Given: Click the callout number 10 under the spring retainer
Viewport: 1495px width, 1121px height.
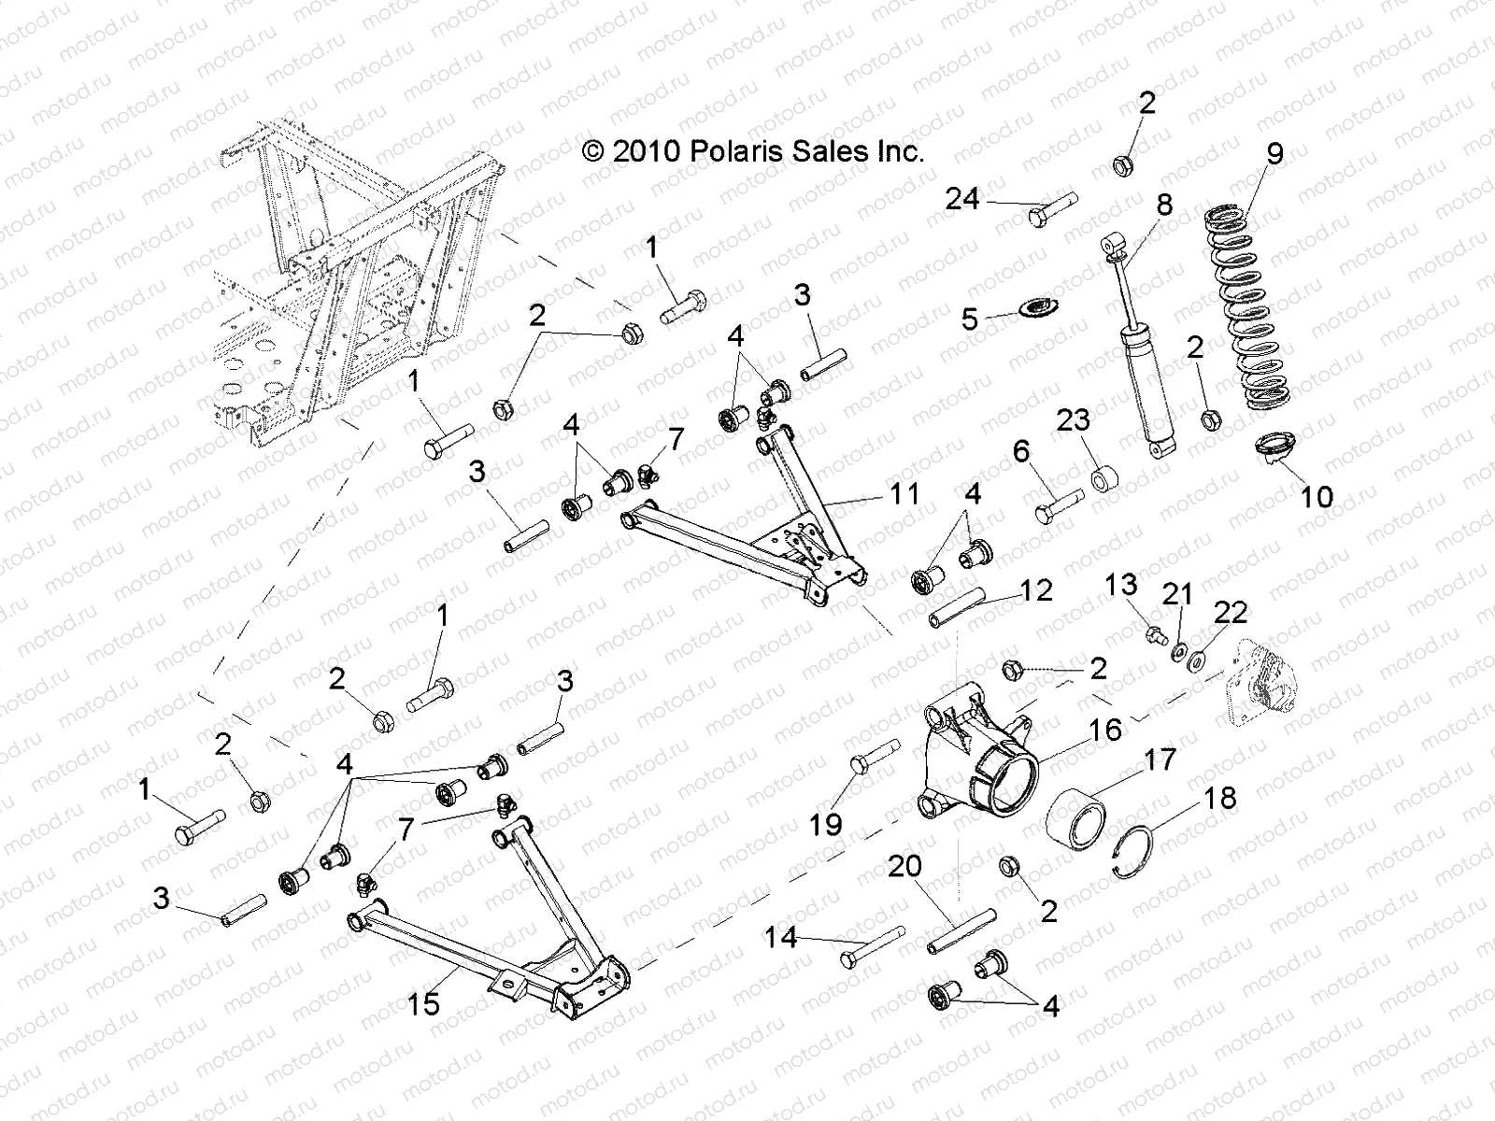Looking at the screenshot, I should click(1317, 496).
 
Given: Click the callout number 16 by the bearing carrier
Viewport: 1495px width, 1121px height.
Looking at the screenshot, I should click(1105, 729).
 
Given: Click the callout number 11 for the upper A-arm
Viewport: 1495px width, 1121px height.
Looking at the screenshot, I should click(904, 493).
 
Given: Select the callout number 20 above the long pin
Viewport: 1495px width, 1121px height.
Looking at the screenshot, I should click(904, 867).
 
